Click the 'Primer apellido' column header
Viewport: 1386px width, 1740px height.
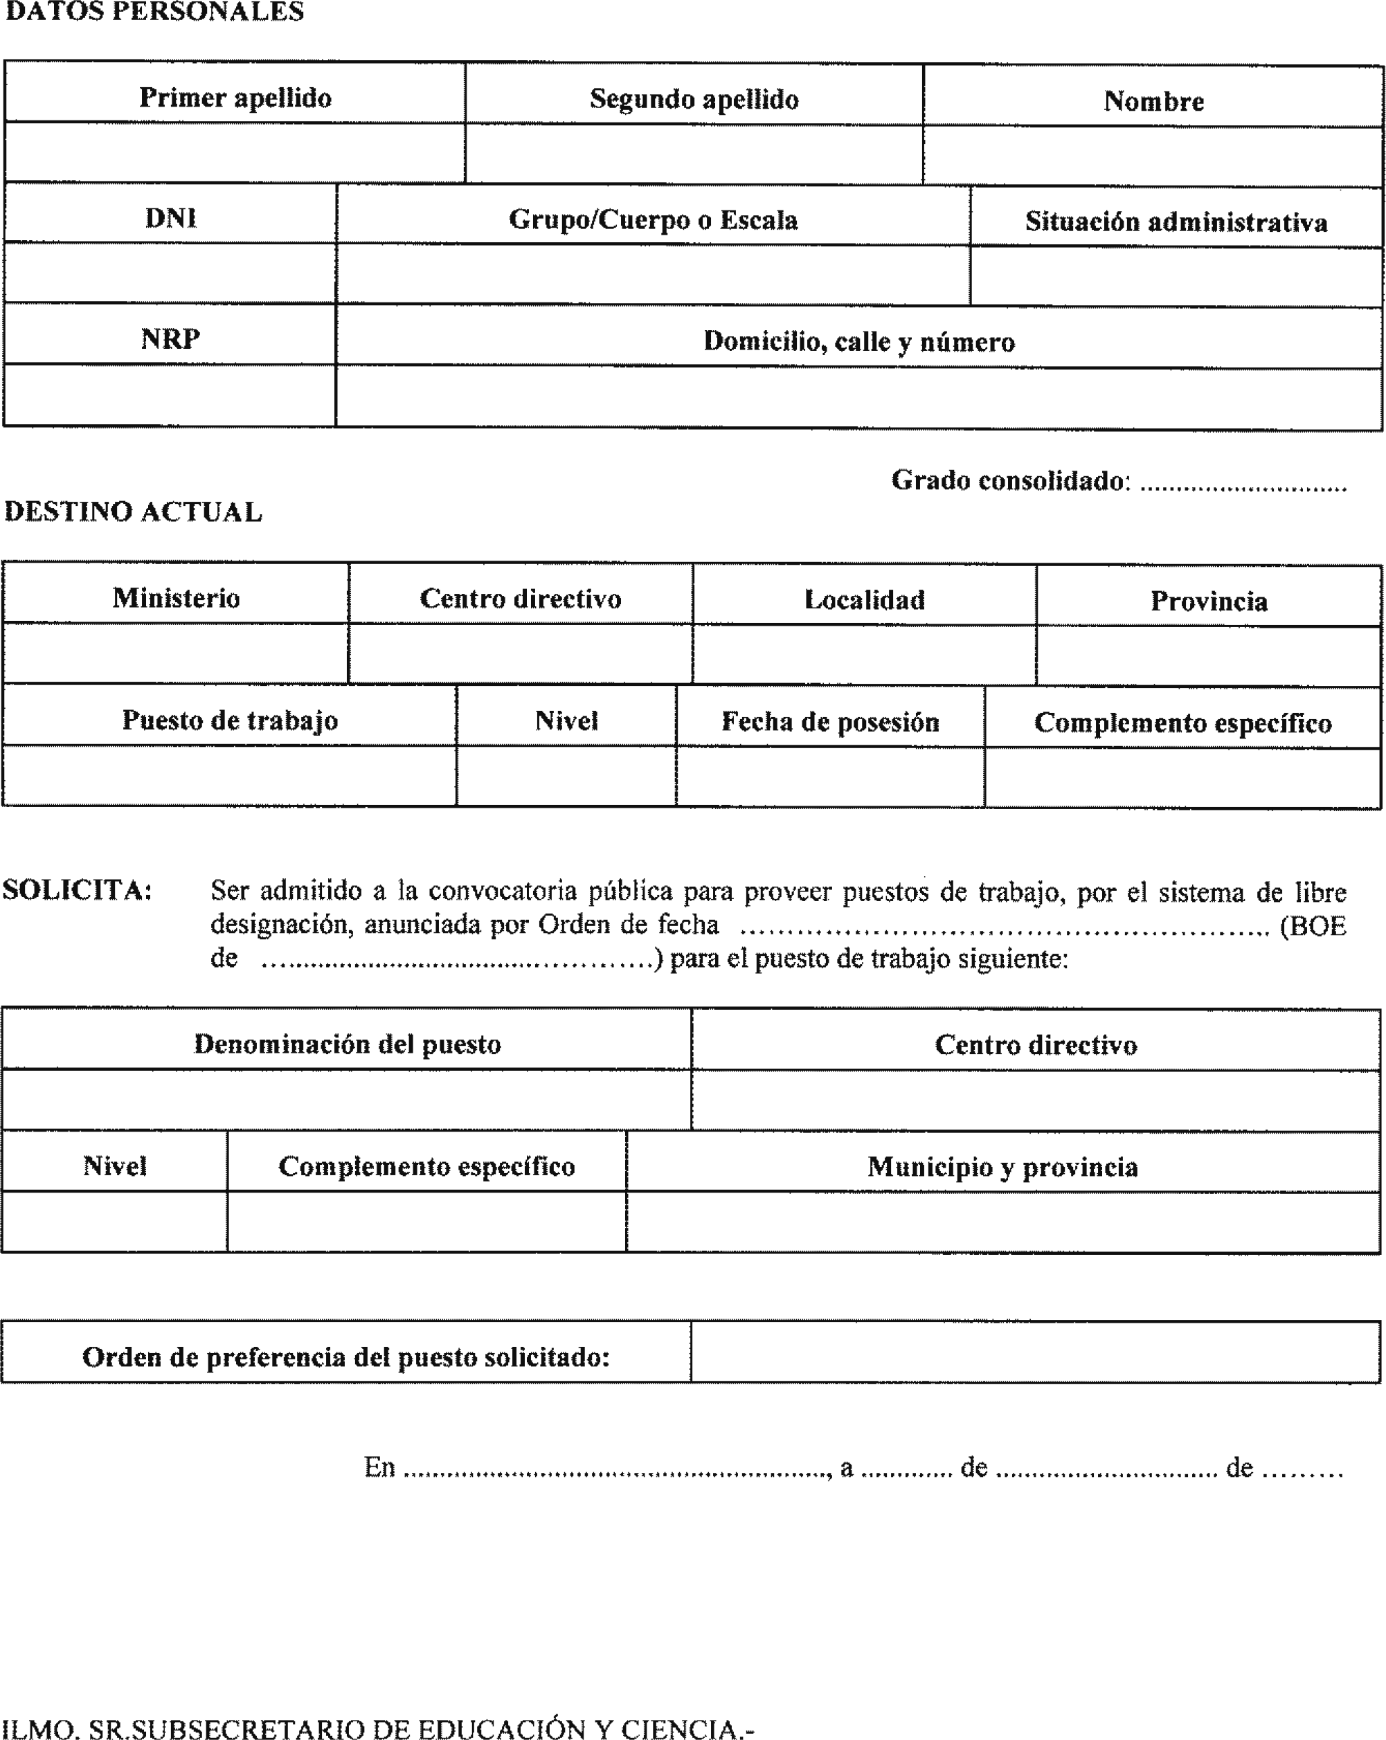(235, 98)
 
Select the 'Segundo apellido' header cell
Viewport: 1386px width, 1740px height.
(694, 99)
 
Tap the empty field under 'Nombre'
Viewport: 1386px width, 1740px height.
(1153, 156)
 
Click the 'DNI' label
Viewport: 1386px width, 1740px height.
(170, 218)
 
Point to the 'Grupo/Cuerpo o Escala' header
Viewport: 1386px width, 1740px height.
(653, 219)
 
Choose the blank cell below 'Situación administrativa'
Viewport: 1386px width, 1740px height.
(1176, 277)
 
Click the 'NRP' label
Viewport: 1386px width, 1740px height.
(170, 339)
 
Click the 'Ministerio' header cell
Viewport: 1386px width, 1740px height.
(176, 598)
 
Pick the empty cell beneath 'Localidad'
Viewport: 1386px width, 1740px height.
(864, 655)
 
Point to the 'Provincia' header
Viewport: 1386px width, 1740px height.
(1208, 601)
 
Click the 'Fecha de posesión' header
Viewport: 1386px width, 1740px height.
(830, 721)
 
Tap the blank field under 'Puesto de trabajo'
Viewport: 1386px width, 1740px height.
(229, 776)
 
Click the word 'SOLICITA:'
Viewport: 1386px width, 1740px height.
(78, 890)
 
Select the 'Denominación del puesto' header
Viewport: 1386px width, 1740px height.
(347, 1044)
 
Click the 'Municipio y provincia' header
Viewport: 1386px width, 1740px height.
(1002, 1167)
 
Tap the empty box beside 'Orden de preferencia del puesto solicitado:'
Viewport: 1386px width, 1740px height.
(1035, 1352)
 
